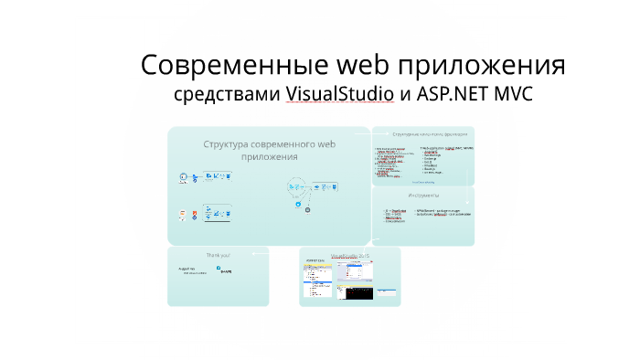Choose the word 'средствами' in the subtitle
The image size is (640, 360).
coord(228,94)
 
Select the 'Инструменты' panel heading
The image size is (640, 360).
coord(423,196)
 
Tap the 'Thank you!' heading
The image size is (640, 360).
coord(218,255)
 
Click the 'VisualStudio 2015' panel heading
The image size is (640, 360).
coord(350,255)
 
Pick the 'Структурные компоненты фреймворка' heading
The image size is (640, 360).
coord(423,134)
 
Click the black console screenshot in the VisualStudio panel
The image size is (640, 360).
coord(355,291)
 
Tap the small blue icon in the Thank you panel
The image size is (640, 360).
coord(218,268)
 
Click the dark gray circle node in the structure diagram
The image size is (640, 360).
coord(308,210)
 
